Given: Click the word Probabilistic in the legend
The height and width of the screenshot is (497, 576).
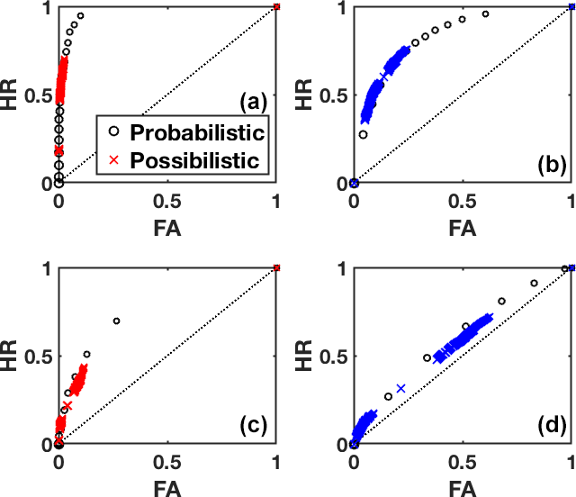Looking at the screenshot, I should [197, 133].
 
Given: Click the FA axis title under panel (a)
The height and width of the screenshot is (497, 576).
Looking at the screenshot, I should [167, 228].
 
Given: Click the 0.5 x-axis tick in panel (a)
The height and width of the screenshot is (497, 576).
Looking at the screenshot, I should [167, 197].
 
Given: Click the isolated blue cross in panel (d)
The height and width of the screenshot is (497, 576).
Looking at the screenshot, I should [400, 388].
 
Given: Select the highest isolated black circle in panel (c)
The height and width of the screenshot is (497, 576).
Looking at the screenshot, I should [116, 321].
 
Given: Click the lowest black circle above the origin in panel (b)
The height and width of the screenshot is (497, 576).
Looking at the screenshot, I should [363, 134].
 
